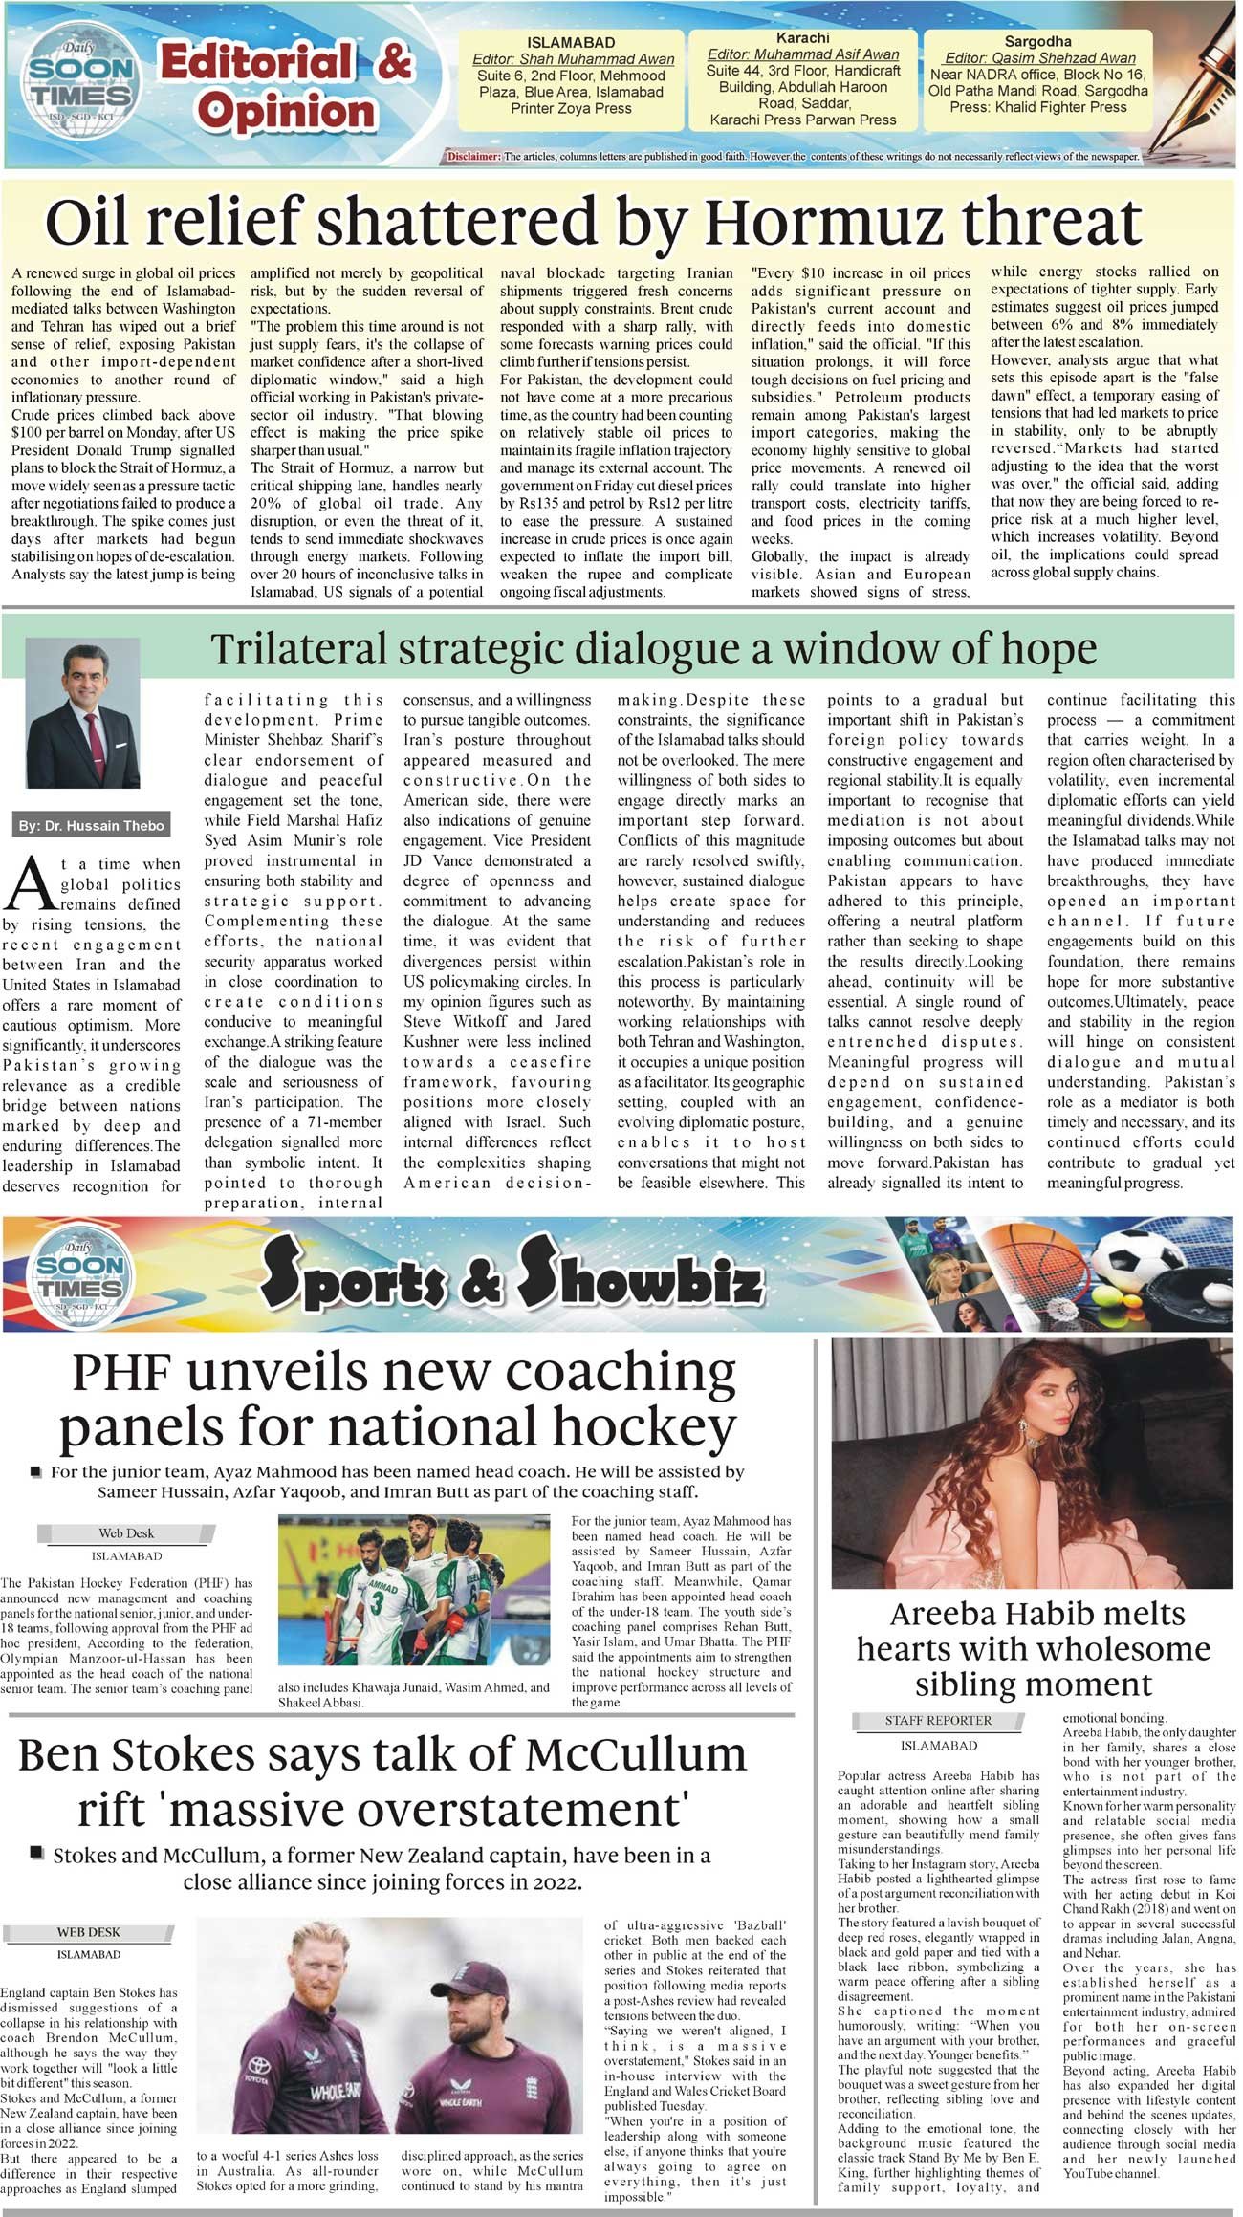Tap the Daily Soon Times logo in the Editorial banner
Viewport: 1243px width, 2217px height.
click(x=81, y=83)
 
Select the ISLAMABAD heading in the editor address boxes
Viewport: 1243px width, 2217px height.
click(x=571, y=43)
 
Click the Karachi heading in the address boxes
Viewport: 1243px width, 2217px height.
click(x=802, y=38)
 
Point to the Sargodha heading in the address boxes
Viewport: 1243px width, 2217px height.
click(x=1037, y=42)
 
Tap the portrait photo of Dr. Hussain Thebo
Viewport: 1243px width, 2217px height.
click(x=82, y=713)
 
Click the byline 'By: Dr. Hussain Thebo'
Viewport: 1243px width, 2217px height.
click(x=91, y=825)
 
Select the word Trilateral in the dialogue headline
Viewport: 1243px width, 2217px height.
click(x=298, y=650)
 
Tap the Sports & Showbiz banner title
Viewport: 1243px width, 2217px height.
click(x=512, y=1273)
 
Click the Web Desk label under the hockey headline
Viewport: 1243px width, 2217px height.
click(x=125, y=1533)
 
